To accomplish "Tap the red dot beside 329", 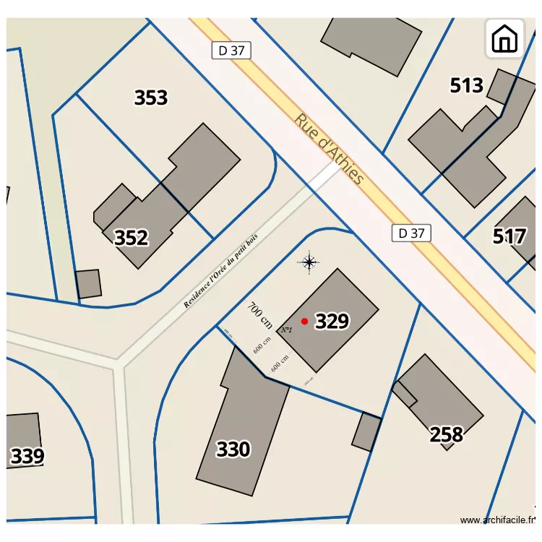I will click(305, 321).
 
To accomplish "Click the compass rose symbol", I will click(309, 262).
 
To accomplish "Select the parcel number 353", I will click(151, 98).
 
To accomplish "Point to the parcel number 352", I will click(132, 238).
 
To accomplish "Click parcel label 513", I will click(466, 86).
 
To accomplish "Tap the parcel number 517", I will click(509, 236).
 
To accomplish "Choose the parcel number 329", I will click(332, 322).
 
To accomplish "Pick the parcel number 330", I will click(233, 449).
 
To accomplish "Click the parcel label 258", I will click(446, 434).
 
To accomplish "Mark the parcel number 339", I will click(27, 457).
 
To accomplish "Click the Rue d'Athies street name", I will click(329, 149).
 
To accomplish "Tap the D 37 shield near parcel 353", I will click(231, 51).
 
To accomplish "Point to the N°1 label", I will click(286, 330).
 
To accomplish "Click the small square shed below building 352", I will click(88, 284).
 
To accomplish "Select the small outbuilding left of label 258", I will click(367, 431).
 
